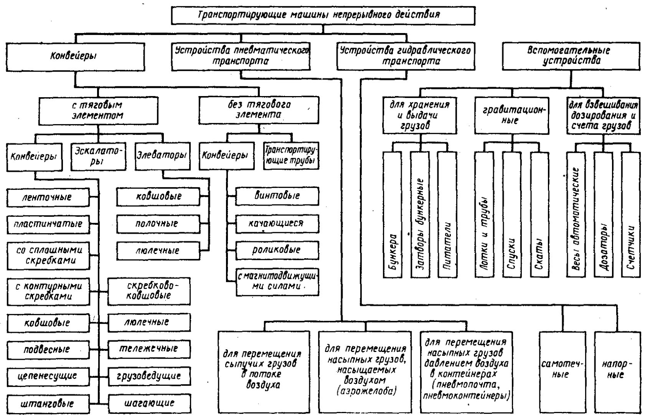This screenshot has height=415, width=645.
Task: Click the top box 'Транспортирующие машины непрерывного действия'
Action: click(x=323, y=16)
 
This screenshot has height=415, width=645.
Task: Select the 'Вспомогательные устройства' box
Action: click(x=571, y=56)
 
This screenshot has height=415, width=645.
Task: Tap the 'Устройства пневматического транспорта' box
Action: click(x=241, y=56)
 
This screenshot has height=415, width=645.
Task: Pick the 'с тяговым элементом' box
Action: click(x=98, y=111)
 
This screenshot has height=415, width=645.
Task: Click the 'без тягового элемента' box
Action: click(x=259, y=110)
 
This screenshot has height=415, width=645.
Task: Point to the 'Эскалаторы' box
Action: click(x=99, y=156)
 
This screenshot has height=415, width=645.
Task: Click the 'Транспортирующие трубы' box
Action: click(x=291, y=156)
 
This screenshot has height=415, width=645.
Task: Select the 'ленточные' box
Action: click(x=48, y=198)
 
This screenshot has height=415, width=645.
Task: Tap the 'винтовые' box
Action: click(x=277, y=196)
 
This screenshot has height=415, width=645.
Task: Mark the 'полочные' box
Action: click(x=158, y=224)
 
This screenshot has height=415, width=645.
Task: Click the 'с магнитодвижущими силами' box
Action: click(x=277, y=282)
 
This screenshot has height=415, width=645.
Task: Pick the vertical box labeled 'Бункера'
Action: click(x=392, y=215)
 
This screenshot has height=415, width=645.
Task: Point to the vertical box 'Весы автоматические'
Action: click(x=576, y=215)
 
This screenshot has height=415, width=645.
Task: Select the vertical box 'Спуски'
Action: click(x=512, y=215)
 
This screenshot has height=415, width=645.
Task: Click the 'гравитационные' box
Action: click(x=512, y=116)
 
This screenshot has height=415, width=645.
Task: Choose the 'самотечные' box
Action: click(x=563, y=372)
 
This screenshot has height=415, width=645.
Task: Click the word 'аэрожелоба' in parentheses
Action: click(x=366, y=391)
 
